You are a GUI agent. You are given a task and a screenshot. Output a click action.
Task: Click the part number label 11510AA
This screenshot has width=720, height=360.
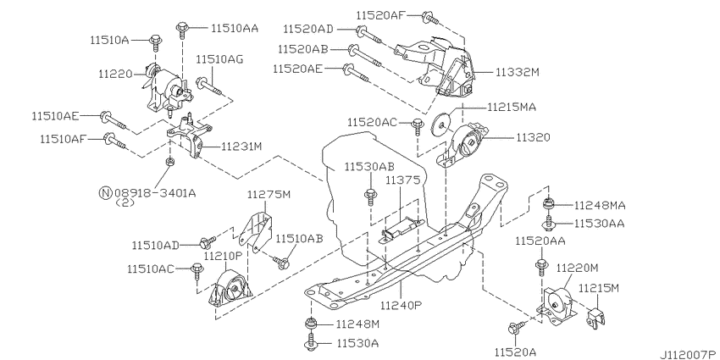(x=235, y=29)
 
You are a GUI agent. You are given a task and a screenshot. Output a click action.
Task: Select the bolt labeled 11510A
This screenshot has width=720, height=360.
(x=155, y=42)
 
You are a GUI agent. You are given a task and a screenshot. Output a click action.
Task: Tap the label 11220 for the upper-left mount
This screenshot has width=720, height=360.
(x=115, y=74)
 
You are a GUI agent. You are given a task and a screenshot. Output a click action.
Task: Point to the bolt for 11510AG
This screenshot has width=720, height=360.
(x=209, y=86)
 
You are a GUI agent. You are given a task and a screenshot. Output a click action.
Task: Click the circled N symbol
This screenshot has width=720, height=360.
(x=105, y=193)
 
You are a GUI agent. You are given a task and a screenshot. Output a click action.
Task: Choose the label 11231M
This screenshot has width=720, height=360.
(x=241, y=147)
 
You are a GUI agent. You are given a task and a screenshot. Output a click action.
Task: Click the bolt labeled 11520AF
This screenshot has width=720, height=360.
(x=430, y=18)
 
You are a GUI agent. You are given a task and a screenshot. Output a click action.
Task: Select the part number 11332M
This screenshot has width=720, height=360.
(x=517, y=72)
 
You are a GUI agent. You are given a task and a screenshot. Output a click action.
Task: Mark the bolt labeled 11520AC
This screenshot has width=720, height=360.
(x=417, y=126)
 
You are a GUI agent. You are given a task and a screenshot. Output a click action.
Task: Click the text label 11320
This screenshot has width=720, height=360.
(x=533, y=137)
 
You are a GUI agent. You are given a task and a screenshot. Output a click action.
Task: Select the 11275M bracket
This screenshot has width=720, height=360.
(x=255, y=231)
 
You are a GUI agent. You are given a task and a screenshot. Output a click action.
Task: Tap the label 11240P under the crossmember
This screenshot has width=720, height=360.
(x=402, y=305)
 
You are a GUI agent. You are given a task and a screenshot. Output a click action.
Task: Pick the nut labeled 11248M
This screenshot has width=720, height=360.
(x=310, y=324)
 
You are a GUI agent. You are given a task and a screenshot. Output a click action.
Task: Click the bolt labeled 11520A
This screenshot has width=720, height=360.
(x=516, y=328)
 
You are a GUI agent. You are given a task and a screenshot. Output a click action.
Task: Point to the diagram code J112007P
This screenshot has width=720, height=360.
(x=690, y=354)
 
